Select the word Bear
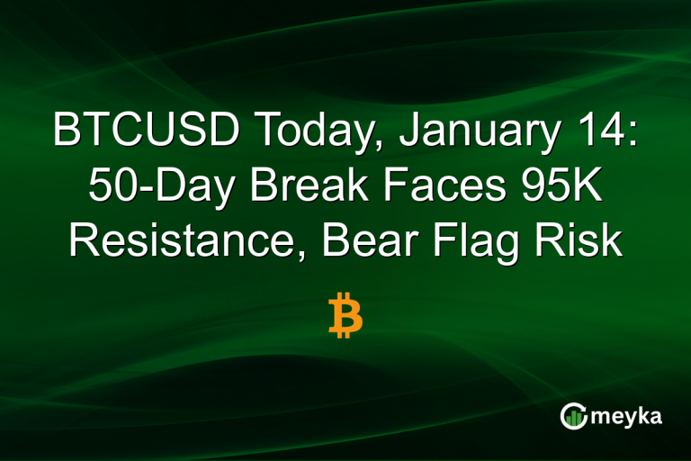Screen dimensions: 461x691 355,241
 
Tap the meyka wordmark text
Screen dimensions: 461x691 626,416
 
